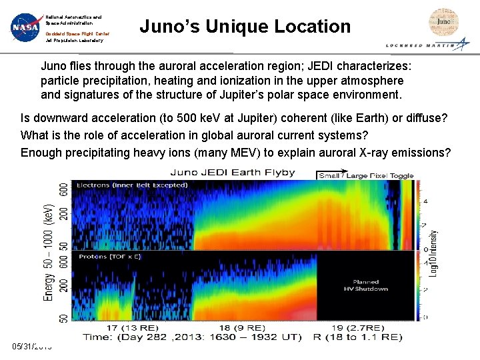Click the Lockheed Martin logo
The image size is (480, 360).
point(427,45)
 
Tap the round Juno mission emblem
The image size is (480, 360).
point(443,22)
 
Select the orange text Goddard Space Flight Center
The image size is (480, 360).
point(77,33)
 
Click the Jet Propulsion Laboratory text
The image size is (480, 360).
point(75,41)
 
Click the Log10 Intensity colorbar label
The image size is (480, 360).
point(434,254)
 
